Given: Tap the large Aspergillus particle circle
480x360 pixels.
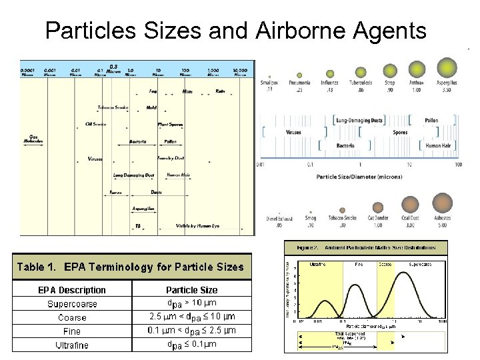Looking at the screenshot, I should coord(447,67).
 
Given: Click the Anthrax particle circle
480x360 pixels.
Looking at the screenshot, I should coord(417,69).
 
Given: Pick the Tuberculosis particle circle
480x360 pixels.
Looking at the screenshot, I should coord(360,72).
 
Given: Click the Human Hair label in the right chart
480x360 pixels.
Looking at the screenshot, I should coord(438,145).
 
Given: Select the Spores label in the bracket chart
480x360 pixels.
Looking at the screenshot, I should coord(400,132).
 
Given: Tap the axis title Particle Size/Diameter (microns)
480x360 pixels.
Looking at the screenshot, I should coord(360,177).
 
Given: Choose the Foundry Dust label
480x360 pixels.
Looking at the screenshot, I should coord(171,158).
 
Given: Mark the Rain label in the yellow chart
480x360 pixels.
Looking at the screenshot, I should coord(220,91).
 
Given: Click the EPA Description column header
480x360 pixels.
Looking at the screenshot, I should coord(72,290).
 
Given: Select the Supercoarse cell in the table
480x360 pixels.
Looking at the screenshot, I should coord(72,304).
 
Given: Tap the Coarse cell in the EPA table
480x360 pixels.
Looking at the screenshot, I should coord(72,317).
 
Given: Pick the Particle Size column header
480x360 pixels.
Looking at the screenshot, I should coord(191,290).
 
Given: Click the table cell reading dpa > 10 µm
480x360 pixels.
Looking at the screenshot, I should coord(191,303).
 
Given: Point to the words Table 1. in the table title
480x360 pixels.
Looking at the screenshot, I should coord(38,267).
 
